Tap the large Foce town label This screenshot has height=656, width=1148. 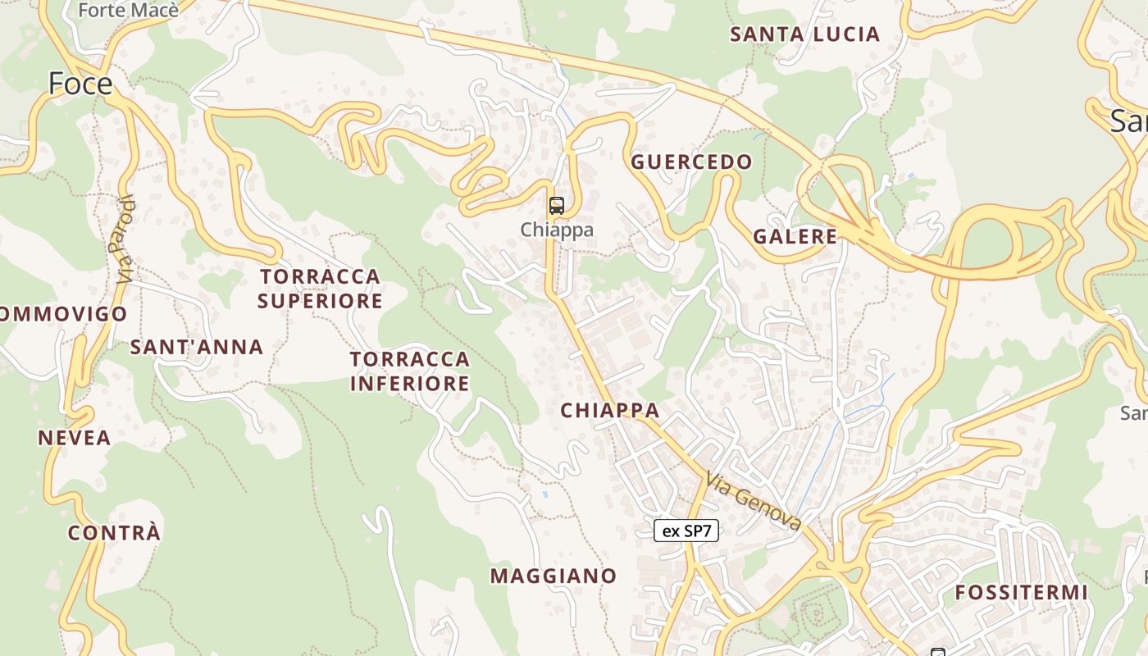pyautogui.click(x=80, y=84)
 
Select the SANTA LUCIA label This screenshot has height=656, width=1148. pyautogui.click(x=804, y=34)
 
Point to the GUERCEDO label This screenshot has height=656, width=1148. pyautogui.click(x=691, y=162)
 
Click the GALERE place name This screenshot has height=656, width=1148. pyautogui.click(x=795, y=237)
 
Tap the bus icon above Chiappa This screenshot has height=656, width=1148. pyautogui.click(x=557, y=206)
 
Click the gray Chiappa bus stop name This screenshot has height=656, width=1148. pyautogui.click(x=557, y=230)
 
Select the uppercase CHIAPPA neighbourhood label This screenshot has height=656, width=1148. pyautogui.click(x=609, y=410)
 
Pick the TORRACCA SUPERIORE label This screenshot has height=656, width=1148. pyautogui.click(x=320, y=289)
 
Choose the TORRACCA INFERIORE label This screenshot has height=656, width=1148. pyautogui.click(x=410, y=371)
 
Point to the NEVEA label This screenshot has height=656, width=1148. pyautogui.click(x=74, y=438)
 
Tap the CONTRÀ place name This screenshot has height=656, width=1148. pyautogui.click(x=114, y=533)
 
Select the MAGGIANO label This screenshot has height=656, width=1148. pyautogui.click(x=553, y=576)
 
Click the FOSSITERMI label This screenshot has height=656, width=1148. pyautogui.click(x=1021, y=592)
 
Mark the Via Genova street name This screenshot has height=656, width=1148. pyautogui.click(x=753, y=501)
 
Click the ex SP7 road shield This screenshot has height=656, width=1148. pyautogui.click(x=686, y=531)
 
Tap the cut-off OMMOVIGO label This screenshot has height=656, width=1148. pyautogui.click(x=64, y=314)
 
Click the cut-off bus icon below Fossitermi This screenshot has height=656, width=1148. pyautogui.click(x=937, y=652)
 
